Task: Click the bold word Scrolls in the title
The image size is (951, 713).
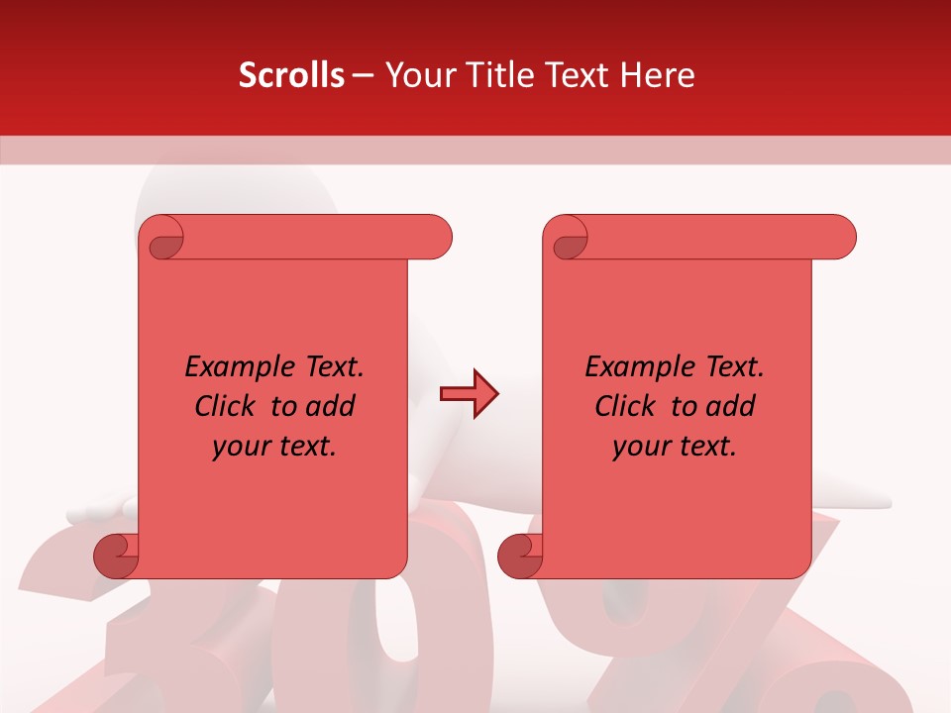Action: click(291, 75)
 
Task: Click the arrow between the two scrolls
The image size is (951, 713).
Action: click(469, 394)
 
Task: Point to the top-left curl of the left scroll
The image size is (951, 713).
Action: click(161, 239)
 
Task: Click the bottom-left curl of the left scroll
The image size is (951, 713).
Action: click(117, 555)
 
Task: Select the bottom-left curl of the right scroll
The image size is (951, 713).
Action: click(521, 555)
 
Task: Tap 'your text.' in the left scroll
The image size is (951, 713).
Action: click(274, 447)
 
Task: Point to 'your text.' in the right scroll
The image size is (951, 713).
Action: click(675, 447)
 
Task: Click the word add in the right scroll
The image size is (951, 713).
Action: click(731, 406)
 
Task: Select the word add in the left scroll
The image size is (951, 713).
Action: click(331, 406)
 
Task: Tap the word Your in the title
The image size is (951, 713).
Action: click(415, 75)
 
